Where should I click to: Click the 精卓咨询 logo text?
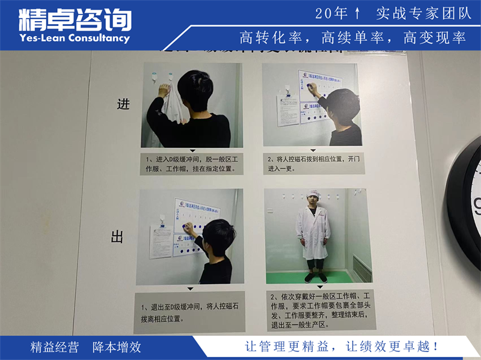75,20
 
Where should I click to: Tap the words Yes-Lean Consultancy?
75,38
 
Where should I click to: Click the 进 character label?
123,104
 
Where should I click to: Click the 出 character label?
118,237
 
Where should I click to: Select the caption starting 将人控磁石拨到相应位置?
313,162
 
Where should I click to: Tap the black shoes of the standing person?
315,278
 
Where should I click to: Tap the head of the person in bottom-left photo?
218,234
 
